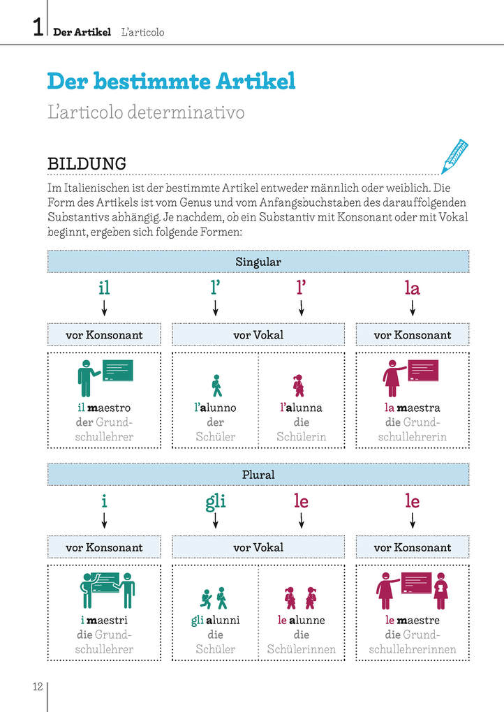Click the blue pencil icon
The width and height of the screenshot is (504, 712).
click(454, 156)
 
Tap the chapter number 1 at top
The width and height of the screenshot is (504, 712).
click(38, 27)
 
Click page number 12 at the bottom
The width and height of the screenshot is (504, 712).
click(38, 686)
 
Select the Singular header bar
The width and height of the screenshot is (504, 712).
click(258, 262)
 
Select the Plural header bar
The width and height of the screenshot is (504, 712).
click(258, 475)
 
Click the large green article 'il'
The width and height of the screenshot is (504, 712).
click(105, 288)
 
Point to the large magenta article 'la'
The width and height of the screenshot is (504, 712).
click(413, 288)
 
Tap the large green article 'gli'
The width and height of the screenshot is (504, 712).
click(216, 502)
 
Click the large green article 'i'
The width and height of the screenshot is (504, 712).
click(105, 501)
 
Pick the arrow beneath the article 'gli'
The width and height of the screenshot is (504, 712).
click(216, 520)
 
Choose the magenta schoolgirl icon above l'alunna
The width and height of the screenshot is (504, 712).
click(299, 385)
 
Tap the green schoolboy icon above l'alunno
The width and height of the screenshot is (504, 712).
click(217, 385)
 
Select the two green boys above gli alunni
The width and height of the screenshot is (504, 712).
click(214, 598)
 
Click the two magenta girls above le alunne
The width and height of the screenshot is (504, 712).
click(300, 598)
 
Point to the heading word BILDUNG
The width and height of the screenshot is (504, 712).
click(87, 163)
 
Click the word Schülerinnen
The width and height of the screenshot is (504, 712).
click(302, 649)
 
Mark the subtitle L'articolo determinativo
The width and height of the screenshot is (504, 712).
click(146, 112)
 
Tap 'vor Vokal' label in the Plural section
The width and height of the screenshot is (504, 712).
click(258, 548)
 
